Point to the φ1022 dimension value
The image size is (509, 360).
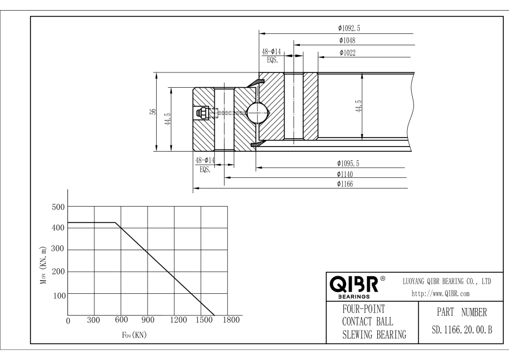pos(348,53)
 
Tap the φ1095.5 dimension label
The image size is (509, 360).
pos(348,164)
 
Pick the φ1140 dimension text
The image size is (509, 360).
pos(345,174)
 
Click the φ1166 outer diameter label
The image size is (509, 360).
pos(345,184)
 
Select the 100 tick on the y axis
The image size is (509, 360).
pos(59,295)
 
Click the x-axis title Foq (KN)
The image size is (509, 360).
pos(133,335)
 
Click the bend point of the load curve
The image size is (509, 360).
pos(115,222)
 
